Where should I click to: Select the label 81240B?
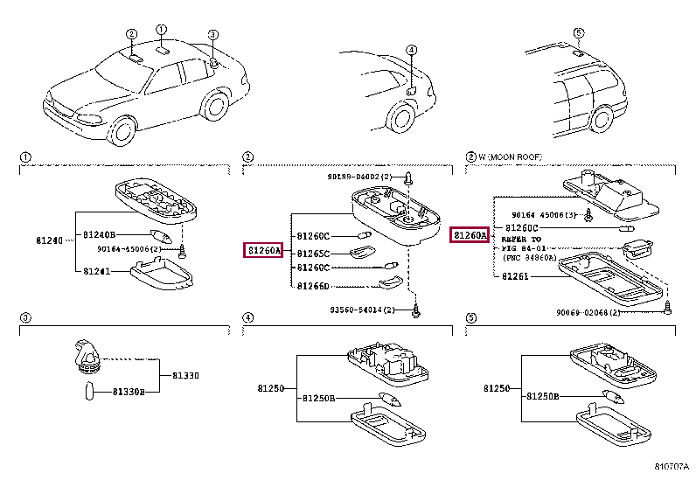pyautogui.click(x=100, y=234)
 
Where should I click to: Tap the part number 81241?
pyautogui.click(x=97, y=272)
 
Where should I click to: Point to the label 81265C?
pyautogui.click(x=312, y=253)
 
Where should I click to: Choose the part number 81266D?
pyautogui.click(x=312, y=286)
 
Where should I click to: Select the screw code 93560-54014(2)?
pyautogui.click(x=360, y=310)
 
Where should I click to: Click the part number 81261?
pyautogui.click(x=516, y=276)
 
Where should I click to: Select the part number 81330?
pyautogui.click(x=184, y=375)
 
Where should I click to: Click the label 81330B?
pyautogui.click(x=128, y=392)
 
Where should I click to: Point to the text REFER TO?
pyautogui.click(x=521, y=239)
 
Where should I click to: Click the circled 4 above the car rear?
pyautogui.click(x=411, y=50)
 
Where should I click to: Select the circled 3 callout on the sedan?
pyautogui.click(x=212, y=35)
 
